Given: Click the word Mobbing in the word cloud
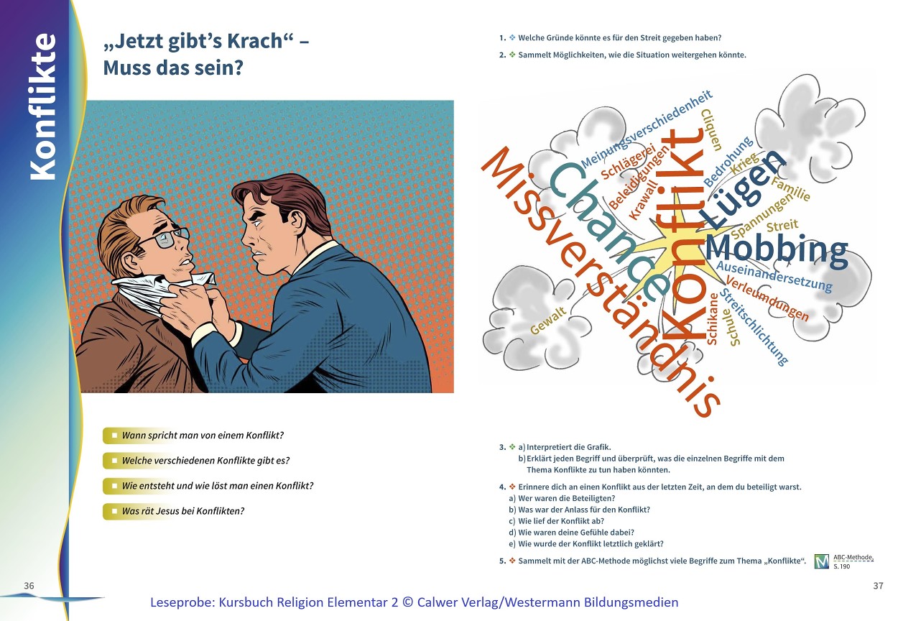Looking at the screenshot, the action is (x=776, y=250).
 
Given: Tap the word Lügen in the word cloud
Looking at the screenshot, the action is (x=741, y=188).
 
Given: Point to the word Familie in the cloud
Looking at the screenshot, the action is (x=790, y=188).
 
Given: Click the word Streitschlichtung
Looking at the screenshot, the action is (x=754, y=327).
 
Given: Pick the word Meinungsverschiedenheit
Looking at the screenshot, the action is (x=647, y=129).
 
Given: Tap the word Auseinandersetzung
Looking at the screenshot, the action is (x=774, y=277).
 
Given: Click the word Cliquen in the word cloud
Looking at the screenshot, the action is (x=711, y=130).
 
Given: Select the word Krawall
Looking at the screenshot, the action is (x=644, y=199).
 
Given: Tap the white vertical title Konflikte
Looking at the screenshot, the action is (x=42, y=106).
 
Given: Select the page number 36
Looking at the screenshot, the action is (x=29, y=586).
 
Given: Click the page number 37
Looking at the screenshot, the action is (x=878, y=586).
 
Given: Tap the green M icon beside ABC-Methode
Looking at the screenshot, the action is (x=821, y=561).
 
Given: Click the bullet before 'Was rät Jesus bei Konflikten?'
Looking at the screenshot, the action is (x=115, y=511).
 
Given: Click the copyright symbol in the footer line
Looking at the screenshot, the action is (x=407, y=602).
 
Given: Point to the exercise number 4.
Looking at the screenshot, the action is (x=502, y=487).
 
